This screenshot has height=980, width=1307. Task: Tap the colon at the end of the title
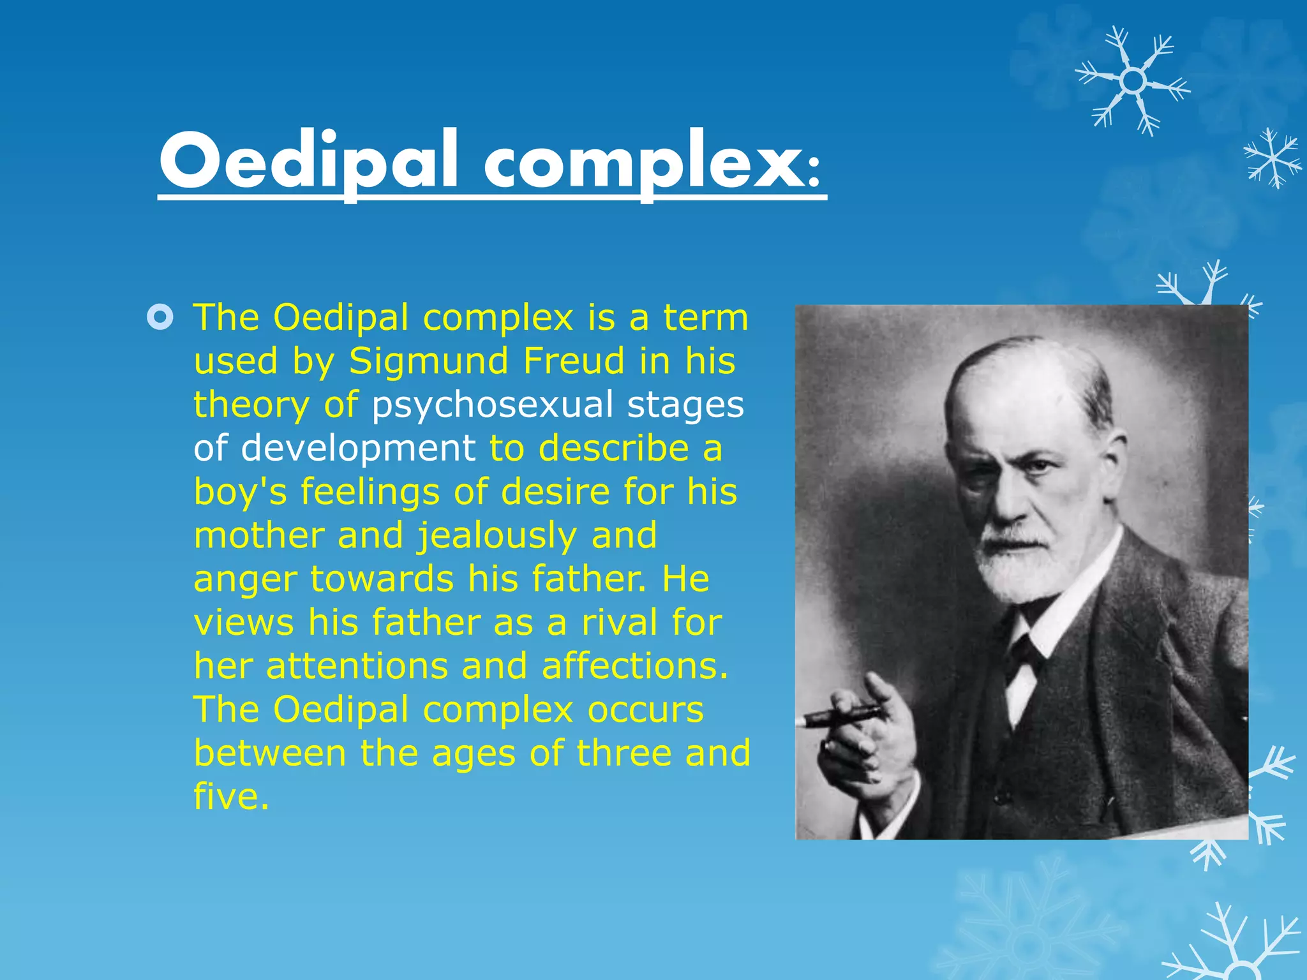pos(813,172)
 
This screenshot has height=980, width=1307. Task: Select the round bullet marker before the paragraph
pos(160,317)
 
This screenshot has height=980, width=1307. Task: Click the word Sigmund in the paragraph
pos(428,361)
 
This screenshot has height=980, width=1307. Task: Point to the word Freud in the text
pos(574,360)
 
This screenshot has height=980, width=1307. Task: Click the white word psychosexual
pos(492,405)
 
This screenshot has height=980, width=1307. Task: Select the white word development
pos(358,448)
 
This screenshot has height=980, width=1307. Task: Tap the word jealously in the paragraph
pos(497,535)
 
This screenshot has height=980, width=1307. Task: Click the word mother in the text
pos(258,535)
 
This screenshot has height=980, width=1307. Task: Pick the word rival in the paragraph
pos(618,622)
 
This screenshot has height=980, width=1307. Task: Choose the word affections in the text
pos(634,665)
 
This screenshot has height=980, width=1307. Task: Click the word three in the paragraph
pos(624,753)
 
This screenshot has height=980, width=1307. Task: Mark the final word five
pos(230,796)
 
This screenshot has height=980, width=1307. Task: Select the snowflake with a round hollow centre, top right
pos(1133,81)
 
